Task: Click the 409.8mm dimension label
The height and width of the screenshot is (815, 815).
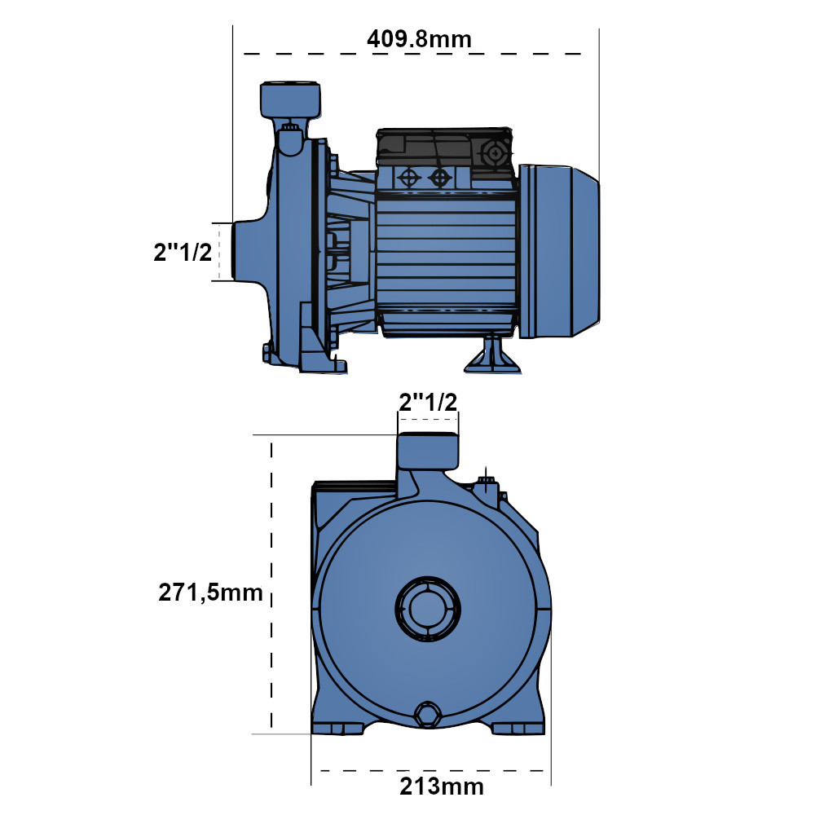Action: coord(419,38)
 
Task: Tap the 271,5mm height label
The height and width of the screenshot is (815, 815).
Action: coord(210,593)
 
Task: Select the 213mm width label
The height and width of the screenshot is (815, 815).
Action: coord(441,786)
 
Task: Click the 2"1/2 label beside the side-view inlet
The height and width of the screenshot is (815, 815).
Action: coord(183,252)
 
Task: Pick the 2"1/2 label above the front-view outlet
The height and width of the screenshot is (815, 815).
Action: coord(427,401)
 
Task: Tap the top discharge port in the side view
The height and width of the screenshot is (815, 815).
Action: coord(291,100)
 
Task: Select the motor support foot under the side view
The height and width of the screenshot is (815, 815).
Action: coord(491,355)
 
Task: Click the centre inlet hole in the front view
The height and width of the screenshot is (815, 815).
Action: coord(427,607)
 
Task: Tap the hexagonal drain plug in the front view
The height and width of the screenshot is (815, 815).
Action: coord(426,715)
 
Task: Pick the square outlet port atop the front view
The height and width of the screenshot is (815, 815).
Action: coord(427,452)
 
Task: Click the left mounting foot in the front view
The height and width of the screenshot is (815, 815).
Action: coord(340,728)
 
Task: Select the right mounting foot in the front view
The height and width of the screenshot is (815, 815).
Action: coord(516,728)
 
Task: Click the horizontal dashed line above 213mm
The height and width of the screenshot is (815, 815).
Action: coord(432,769)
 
